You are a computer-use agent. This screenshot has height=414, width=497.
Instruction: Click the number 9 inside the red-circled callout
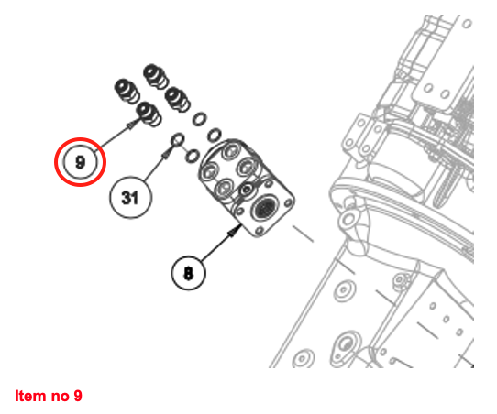80,162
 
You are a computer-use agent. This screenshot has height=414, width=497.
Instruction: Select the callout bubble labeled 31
130,197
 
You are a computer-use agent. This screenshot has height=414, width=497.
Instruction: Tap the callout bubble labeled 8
188,273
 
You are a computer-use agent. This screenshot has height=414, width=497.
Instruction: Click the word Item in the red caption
30,396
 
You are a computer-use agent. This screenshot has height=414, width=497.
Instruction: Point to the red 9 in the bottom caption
78,396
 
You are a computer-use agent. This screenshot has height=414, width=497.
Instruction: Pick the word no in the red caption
60,398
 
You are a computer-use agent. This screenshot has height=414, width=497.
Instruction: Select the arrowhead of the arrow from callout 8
235,231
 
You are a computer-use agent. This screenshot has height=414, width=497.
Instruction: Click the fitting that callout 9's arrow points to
149,114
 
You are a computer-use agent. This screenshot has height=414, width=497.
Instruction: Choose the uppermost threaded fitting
155,76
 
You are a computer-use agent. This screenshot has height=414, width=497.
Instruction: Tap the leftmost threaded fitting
127,91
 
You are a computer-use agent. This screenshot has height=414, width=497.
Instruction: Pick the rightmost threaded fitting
178,100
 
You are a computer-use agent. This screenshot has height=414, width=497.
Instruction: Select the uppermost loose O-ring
200,119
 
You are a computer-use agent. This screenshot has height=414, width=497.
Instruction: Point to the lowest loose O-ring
192,156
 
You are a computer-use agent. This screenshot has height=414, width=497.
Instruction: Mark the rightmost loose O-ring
215,135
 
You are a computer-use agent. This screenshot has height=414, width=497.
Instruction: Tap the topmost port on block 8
230,151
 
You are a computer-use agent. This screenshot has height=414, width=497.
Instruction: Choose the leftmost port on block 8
209,172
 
